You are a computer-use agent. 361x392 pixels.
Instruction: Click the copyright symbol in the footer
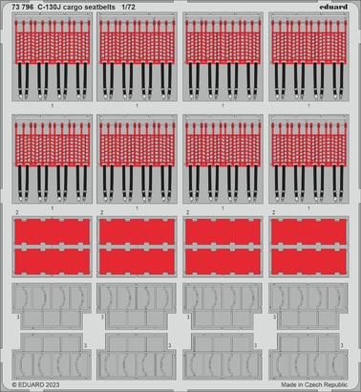(7, 385)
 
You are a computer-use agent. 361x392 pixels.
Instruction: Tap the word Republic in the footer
(333, 385)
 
